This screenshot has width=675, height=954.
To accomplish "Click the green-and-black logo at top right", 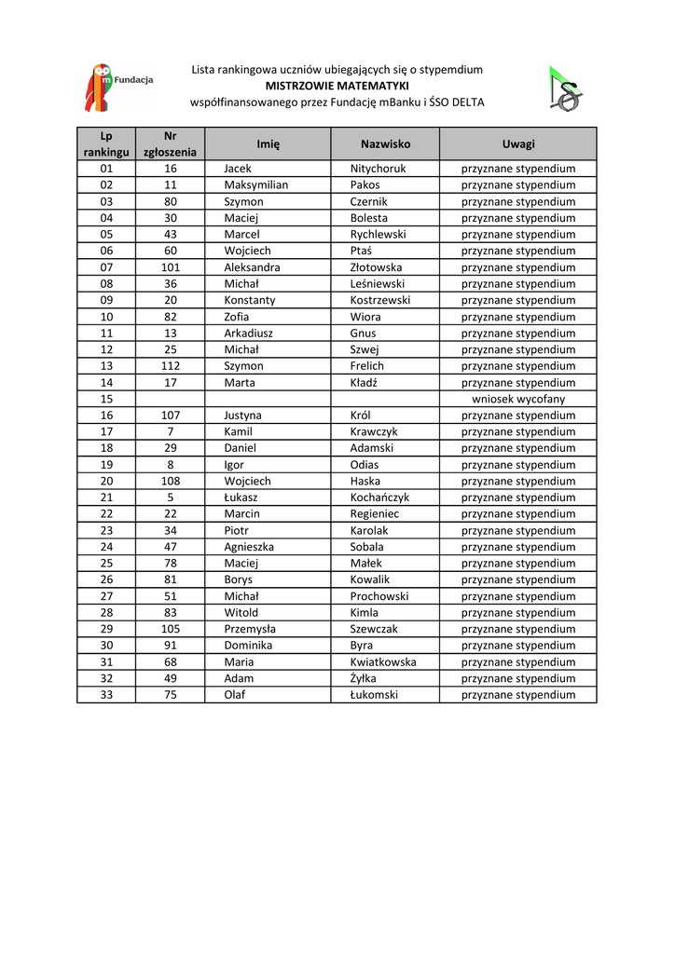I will pos(564,89).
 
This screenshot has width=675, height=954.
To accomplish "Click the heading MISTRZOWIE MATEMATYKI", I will pos(337,86).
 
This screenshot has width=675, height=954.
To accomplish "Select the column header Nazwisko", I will pos(385,143).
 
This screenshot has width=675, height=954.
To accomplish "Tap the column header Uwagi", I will pos(518,143).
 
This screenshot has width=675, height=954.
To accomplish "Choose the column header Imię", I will pos(269,143).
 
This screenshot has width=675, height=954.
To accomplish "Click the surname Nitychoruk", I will pos(378,169).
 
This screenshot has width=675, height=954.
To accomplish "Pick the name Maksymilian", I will pos(255,185).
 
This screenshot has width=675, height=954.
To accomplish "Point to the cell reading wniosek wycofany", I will pos(518,399).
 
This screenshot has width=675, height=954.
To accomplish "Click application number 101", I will pos(170,267).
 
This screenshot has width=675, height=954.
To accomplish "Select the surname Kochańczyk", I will pos(379,497).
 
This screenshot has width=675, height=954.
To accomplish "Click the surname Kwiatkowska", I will pos(383,662).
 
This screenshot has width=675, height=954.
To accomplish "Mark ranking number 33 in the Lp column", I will pos(106,695).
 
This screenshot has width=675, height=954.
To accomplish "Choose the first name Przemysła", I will pos(250,629).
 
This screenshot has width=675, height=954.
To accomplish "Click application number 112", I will pos(170,366).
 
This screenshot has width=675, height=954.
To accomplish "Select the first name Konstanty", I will pos(250,300).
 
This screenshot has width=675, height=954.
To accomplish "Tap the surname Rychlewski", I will pos(378,235).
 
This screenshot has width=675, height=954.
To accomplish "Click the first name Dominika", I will pos(248,646).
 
